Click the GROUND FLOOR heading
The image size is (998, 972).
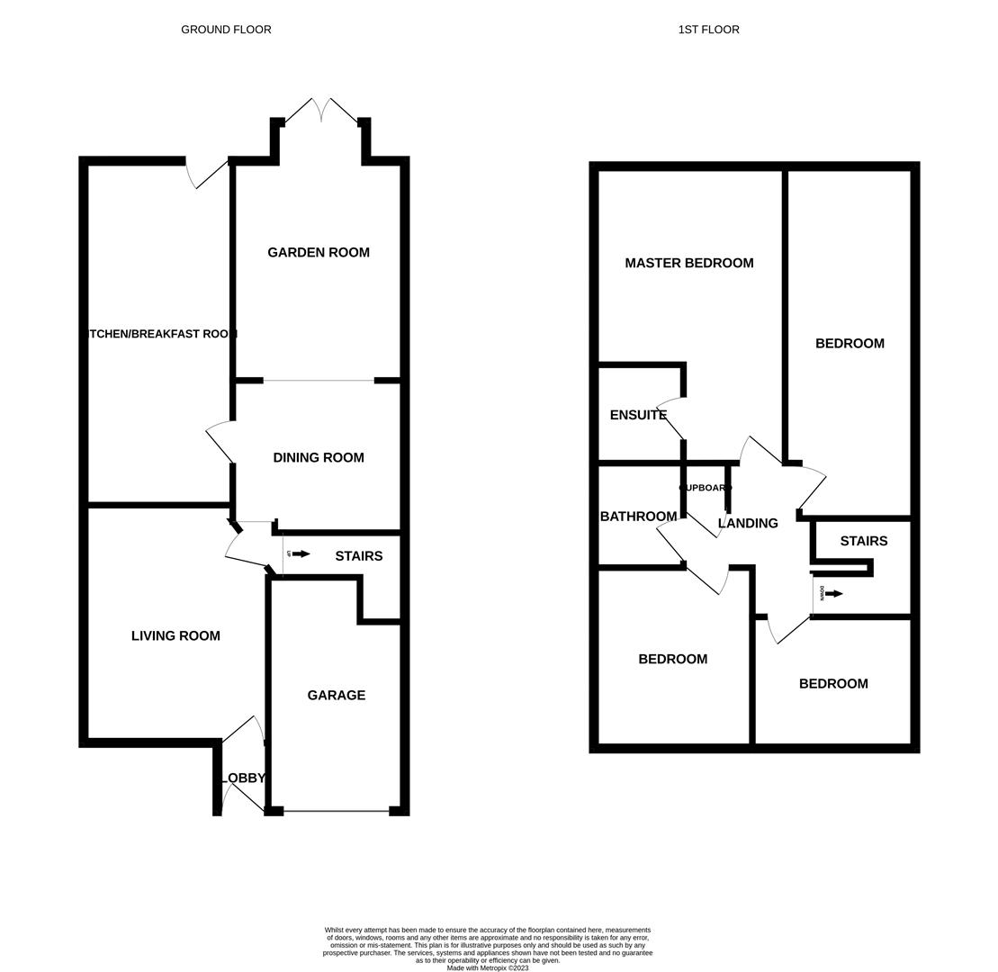(226, 30)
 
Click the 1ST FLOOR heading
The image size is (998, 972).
(708, 30)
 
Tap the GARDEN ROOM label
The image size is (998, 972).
(319, 253)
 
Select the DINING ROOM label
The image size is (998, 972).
(319, 458)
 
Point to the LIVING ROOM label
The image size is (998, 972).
(175, 636)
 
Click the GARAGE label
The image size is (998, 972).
(336, 696)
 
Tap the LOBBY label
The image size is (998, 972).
(244, 778)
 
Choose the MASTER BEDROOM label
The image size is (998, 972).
(688, 264)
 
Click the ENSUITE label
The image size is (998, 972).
(638, 416)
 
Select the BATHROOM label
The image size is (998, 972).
(638, 517)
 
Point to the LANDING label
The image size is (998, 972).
(748, 524)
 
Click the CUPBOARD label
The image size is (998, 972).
(706, 488)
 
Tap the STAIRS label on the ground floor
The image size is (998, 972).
(358, 557)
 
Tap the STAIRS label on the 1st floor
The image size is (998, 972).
(863, 542)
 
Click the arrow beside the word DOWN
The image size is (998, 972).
(834, 594)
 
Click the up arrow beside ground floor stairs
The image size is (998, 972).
(301, 554)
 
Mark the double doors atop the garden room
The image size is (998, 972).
(321, 111)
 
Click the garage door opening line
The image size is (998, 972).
(336, 811)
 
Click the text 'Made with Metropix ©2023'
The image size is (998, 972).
(487, 968)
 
